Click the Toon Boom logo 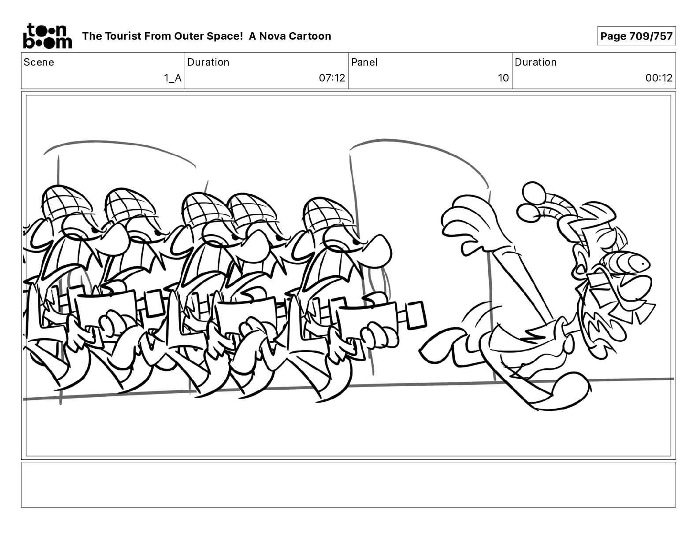[x=48, y=36]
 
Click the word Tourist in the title [x=123, y=36]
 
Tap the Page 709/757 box [x=636, y=36]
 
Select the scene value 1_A [x=172, y=78]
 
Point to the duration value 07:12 [x=332, y=78]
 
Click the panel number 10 [x=503, y=78]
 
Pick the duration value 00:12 [x=659, y=78]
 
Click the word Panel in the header [x=364, y=62]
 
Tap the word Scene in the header [x=39, y=62]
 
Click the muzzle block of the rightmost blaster [x=416, y=315]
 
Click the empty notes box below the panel [x=349, y=485]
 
